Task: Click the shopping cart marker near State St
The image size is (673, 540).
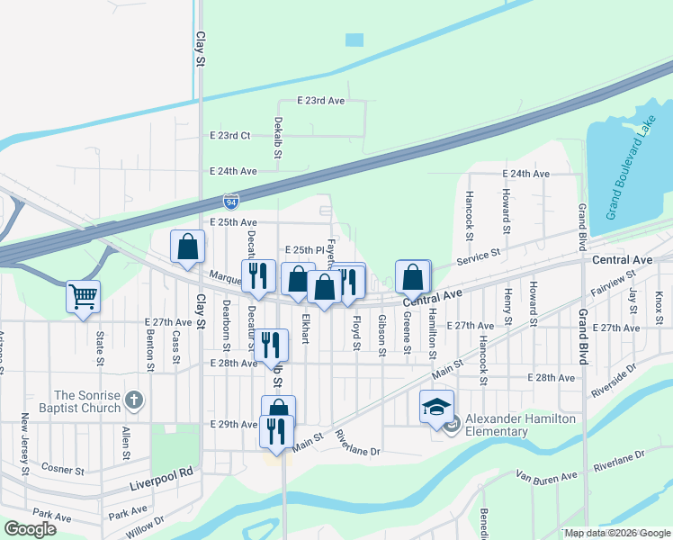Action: coord(83,296)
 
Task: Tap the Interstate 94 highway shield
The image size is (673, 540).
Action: coord(232,202)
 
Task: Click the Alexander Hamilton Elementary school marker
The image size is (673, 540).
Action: coord(436,407)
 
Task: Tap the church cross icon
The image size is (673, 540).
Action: coord(134,397)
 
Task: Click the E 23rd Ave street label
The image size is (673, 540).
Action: coord(321,102)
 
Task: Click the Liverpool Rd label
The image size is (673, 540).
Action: coord(161,472)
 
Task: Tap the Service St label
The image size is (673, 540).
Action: coord(478,255)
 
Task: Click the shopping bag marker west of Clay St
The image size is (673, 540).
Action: coord(187,247)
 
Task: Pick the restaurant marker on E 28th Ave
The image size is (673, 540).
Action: coord(271,345)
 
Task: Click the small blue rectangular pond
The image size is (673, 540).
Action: coord(354,40)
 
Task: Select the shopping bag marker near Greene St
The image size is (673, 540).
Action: coord(412,277)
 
